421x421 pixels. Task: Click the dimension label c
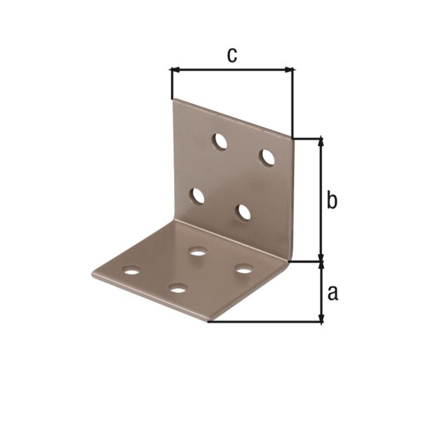click(232, 55)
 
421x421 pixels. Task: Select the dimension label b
click(332, 201)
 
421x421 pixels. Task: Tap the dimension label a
click(333, 292)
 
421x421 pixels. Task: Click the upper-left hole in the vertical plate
click(220, 141)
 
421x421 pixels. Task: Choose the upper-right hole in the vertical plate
click(267, 157)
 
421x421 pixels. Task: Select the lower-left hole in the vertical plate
click(198, 196)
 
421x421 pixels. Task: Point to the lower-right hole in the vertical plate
click(243, 212)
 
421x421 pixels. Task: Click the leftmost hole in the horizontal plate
click(131, 269)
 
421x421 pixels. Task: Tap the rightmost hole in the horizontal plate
click(243, 269)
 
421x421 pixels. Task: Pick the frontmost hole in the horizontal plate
click(178, 288)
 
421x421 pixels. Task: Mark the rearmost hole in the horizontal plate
click(198, 251)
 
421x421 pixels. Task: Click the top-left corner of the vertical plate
click(173, 100)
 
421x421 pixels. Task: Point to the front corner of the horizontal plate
click(208, 321)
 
